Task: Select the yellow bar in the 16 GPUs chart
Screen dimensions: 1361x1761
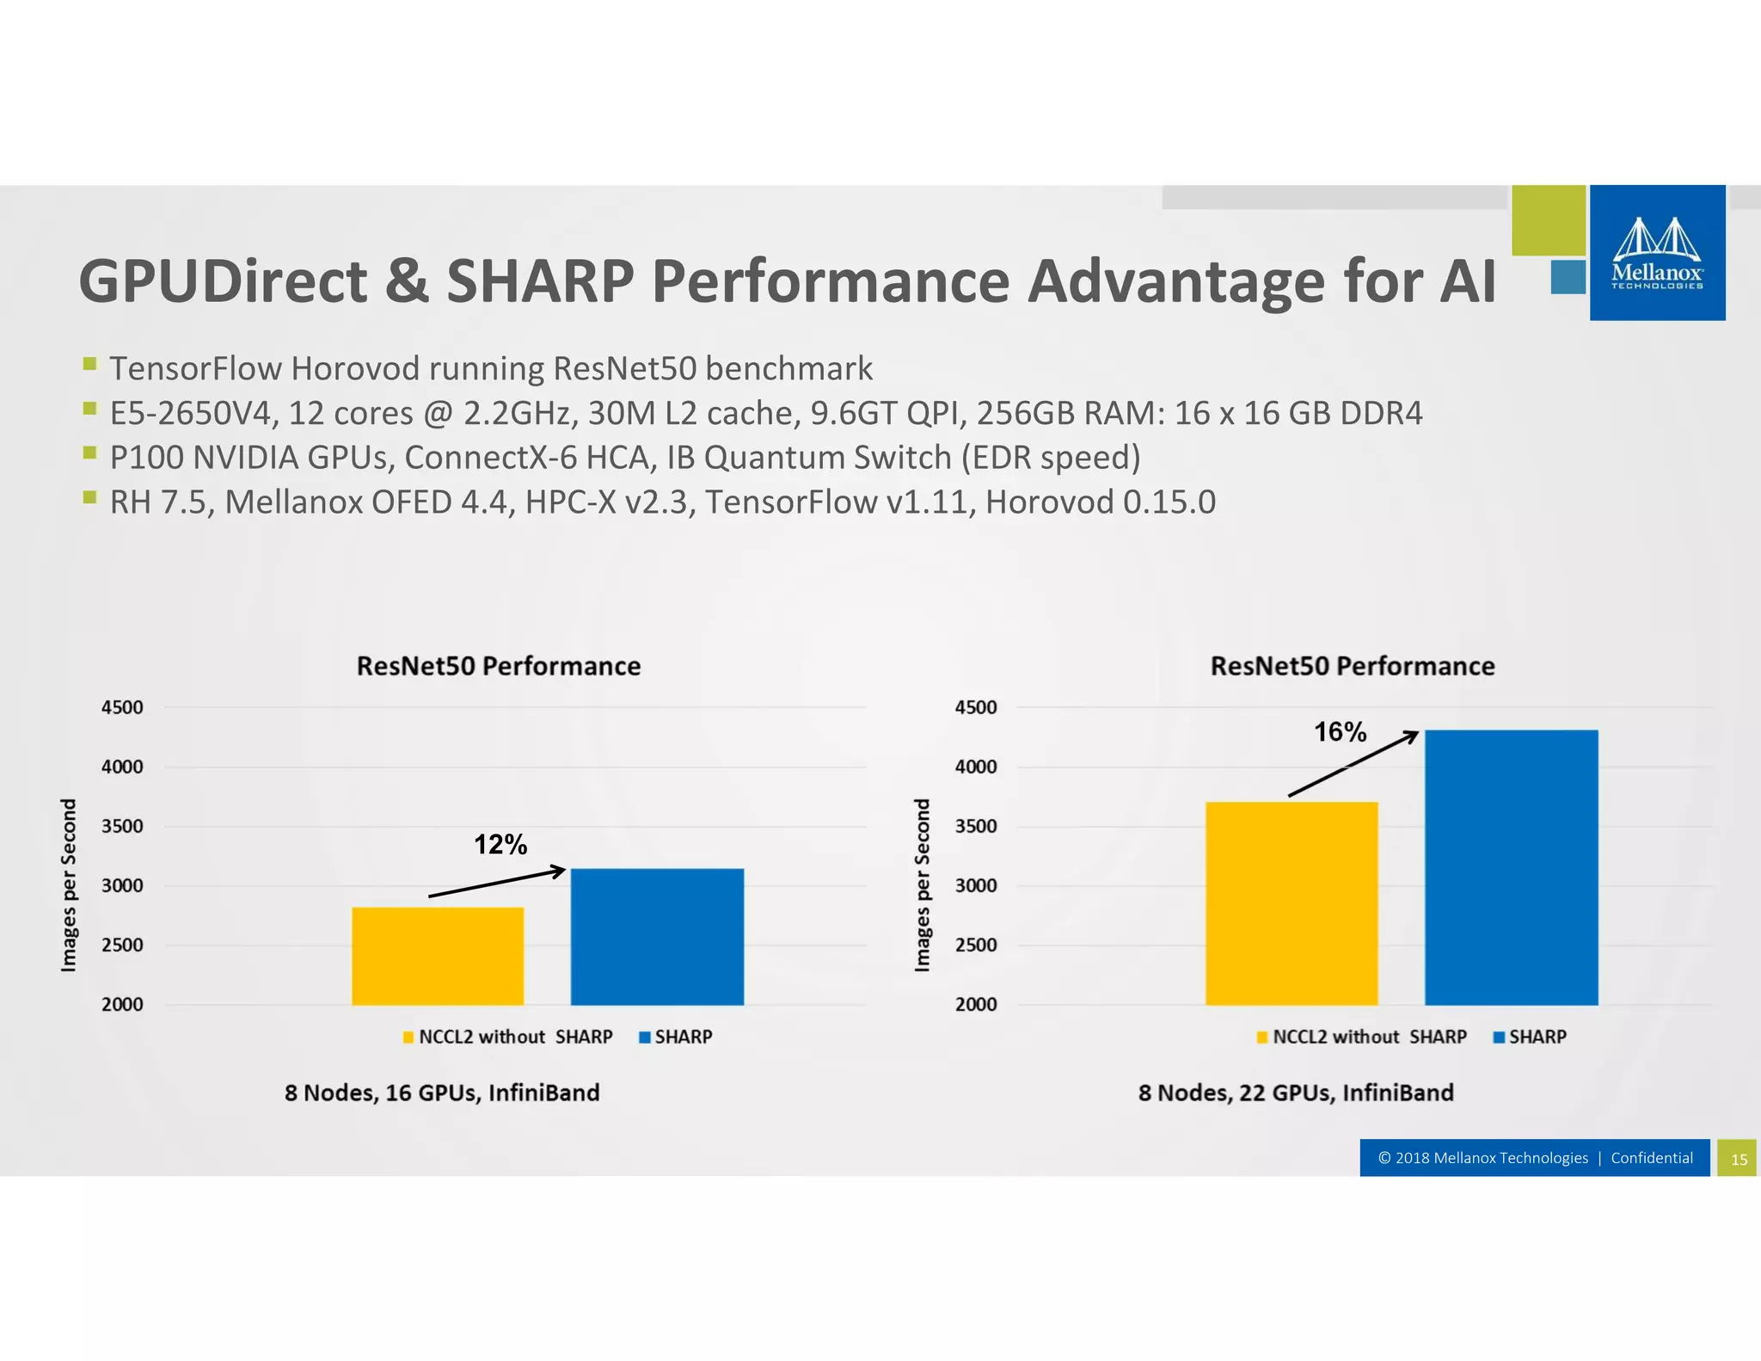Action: pos(438,956)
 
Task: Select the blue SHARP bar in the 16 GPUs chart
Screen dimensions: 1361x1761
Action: pos(657,937)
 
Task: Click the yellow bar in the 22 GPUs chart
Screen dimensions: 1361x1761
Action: pos(1292,903)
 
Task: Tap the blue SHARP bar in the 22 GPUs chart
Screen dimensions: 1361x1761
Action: pos(1511,867)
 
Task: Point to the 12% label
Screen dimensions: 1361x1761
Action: pos(500,845)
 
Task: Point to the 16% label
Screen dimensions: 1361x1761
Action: pos(1340,732)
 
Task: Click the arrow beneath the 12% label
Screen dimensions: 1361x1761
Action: pos(497,884)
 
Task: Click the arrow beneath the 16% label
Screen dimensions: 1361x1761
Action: pos(1353,764)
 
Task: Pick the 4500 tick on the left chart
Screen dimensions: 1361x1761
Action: pos(122,708)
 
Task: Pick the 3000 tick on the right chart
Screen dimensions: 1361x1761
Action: pos(976,886)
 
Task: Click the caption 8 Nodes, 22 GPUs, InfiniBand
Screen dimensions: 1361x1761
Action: pos(1296,1093)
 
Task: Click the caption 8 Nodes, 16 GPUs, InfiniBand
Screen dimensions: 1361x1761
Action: pos(442,1093)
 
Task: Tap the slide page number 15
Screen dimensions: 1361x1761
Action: pos(1739,1159)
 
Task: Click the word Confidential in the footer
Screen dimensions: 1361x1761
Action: pos(1651,1158)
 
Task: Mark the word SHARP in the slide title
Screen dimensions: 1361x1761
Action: pos(540,281)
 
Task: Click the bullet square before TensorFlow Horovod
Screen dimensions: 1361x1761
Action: pos(89,364)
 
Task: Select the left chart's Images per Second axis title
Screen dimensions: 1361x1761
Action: pos(69,885)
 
